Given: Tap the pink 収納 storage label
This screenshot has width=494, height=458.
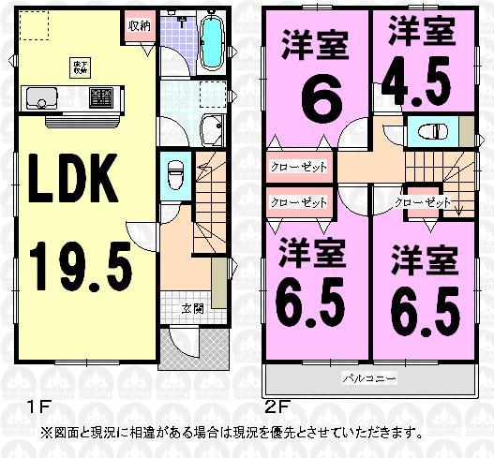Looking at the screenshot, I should click(139, 25).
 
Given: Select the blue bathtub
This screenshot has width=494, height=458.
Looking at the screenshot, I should click(213, 43).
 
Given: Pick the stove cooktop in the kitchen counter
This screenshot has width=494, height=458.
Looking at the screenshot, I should click(101, 96).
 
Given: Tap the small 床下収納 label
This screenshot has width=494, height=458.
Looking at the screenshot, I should click(80, 66).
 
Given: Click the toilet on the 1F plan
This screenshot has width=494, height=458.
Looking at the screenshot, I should click(174, 174).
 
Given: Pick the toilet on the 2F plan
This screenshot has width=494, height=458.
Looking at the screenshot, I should click(431, 131).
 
